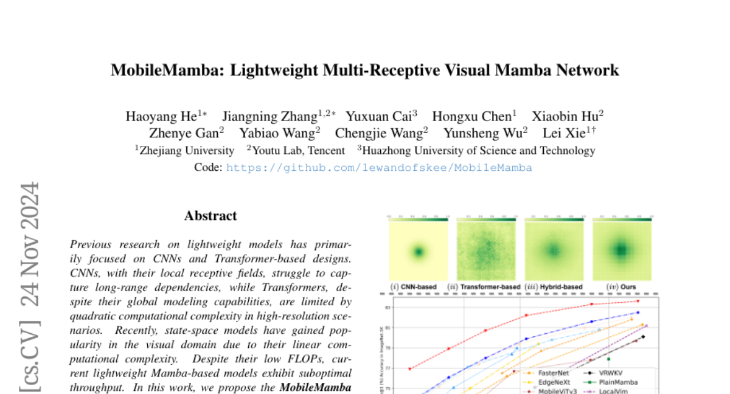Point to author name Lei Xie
[x=577, y=134]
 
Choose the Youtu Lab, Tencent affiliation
[x=298, y=151]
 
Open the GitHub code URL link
[x=379, y=168]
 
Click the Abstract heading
[x=210, y=216]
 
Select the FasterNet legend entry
[x=553, y=372]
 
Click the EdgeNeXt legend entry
[x=553, y=382]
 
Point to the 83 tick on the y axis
[x=387, y=308]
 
